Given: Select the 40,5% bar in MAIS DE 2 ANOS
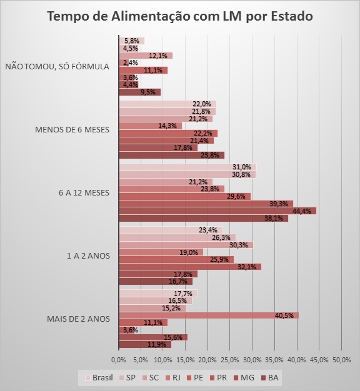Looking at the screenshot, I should tap(208, 315).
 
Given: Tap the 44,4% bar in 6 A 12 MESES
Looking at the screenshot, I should tap(217, 211).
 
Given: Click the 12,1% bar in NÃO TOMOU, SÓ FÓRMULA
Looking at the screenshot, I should tap(145, 56).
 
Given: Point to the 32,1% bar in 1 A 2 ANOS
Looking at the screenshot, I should tap(189, 267).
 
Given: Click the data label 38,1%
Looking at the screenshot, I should tap(275, 219).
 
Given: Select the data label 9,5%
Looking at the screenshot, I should tap(148, 92).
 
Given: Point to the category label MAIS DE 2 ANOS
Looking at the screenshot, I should tap(79, 319).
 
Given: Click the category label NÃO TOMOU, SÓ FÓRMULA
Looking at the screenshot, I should tap(57, 66).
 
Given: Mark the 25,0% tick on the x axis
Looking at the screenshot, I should tap(230, 360).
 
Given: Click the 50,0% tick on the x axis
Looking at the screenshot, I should tap(341, 360).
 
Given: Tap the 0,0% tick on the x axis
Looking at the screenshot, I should tap(119, 360).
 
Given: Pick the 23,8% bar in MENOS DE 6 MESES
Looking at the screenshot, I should tap(171, 155).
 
